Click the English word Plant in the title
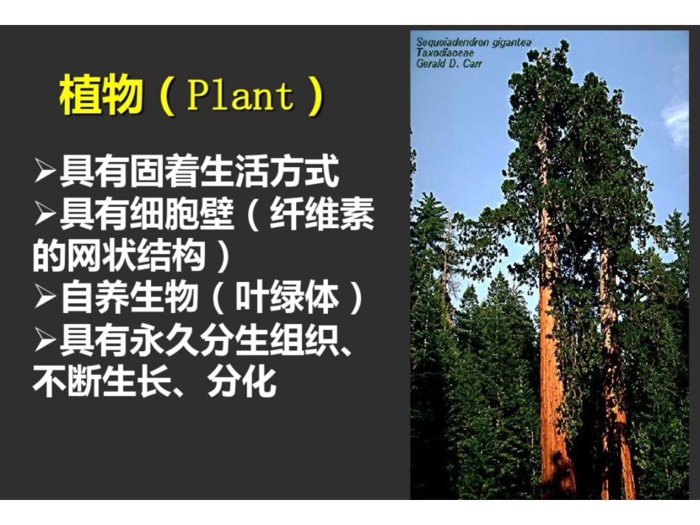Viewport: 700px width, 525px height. tap(239, 96)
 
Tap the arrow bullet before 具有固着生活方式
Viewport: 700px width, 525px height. tap(46, 172)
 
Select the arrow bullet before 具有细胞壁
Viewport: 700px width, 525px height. tap(46, 215)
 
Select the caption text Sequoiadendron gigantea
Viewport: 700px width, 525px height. tap(473, 43)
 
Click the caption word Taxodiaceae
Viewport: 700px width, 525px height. tap(445, 53)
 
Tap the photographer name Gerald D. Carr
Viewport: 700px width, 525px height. tap(449, 63)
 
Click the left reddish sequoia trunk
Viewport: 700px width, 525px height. tap(551, 368)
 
